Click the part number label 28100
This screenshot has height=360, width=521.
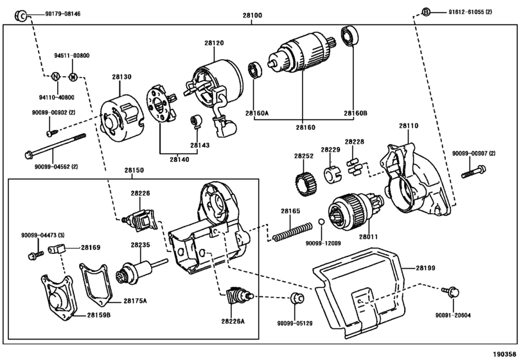(252, 15)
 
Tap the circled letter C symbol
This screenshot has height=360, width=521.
(21, 15)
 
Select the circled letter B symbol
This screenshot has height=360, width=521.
(426, 12)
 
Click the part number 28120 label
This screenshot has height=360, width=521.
(214, 43)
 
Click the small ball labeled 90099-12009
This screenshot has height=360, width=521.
(321, 222)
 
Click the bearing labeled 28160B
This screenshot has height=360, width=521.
(350, 37)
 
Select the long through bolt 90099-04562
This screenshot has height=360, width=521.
(55, 145)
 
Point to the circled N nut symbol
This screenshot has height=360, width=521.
(55, 76)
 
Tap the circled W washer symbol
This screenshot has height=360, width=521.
(73, 77)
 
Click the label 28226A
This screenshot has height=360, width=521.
(233, 321)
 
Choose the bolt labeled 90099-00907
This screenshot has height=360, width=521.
(473, 172)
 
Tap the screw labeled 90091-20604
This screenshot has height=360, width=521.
(450, 292)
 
